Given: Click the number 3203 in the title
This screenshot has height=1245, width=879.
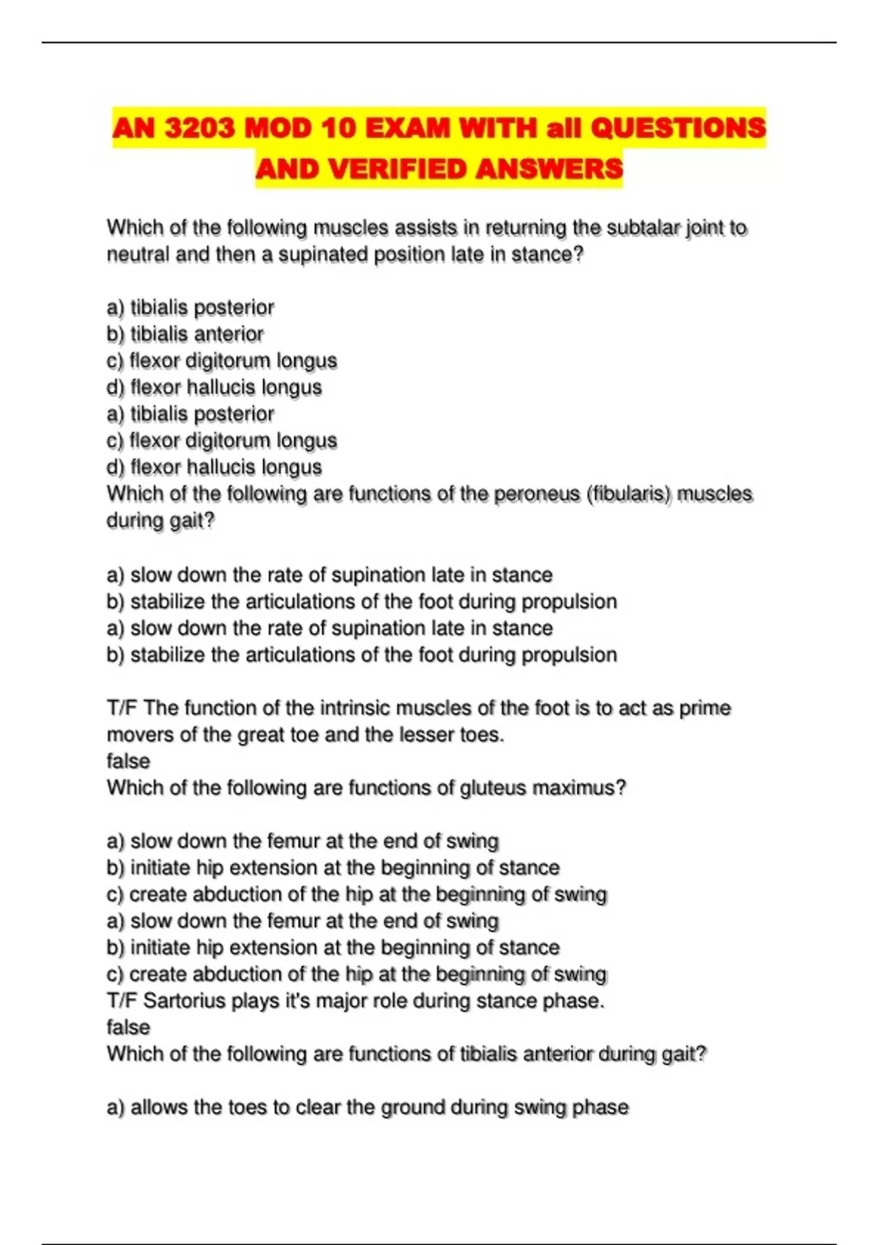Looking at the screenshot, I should pos(200,128).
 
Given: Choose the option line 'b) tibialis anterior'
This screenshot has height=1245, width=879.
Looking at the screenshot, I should pos(185,334).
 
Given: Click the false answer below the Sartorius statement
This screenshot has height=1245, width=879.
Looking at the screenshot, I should pos(128,1027).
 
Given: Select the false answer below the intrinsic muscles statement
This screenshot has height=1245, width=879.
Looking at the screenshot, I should pos(128,761).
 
